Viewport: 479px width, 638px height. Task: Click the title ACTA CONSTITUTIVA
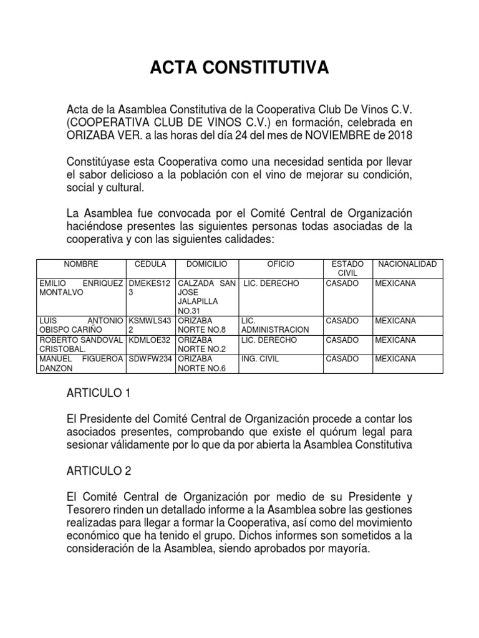click(x=239, y=67)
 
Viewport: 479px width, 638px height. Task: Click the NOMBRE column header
click(x=80, y=265)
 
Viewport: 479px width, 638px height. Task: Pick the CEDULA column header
click(x=150, y=265)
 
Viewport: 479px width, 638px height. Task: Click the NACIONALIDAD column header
click(x=407, y=265)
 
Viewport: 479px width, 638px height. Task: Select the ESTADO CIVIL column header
click(x=346, y=269)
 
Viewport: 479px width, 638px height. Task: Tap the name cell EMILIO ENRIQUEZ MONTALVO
click(x=80, y=288)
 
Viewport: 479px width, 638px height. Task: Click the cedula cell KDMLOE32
click(x=150, y=340)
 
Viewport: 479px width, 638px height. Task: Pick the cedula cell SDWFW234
click(x=150, y=359)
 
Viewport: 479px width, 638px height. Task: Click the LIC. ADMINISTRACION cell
click(x=274, y=325)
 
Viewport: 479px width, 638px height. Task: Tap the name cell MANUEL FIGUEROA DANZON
click(x=80, y=364)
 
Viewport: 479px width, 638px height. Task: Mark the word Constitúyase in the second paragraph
click(x=95, y=161)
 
